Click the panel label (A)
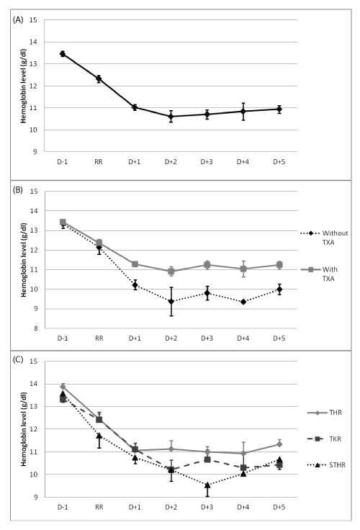pyautogui.click(x=17, y=20)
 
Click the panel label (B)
pyautogui.click(x=17, y=190)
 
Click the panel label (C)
pyautogui.click(x=17, y=359)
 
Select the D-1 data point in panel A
pyautogui.click(x=63, y=54)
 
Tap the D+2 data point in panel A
pyautogui.click(x=171, y=117)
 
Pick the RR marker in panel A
pyautogui.click(x=99, y=78)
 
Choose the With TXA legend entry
pyautogui.click(x=319, y=274)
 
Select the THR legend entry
pyautogui.click(x=325, y=413)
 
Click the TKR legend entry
pyautogui.click(x=325, y=439)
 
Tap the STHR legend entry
pyautogui.click(x=327, y=465)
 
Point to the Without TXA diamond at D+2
pyautogui.click(x=171, y=301)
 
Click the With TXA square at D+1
pyautogui.click(x=135, y=264)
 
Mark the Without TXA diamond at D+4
pyautogui.click(x=243, y=302)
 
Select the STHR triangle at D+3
pyautogui.click(x=207, y=485)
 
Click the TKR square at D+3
pyautogui.click(x=207, y=459)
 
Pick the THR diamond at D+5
pyautogui.click(x=279, y=444)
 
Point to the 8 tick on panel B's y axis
pyautogui.click(x=36, y=328)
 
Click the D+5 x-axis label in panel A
pyautogui.click(x=279, y=162)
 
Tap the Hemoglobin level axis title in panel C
pyautogui.click(x=24, y=429)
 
